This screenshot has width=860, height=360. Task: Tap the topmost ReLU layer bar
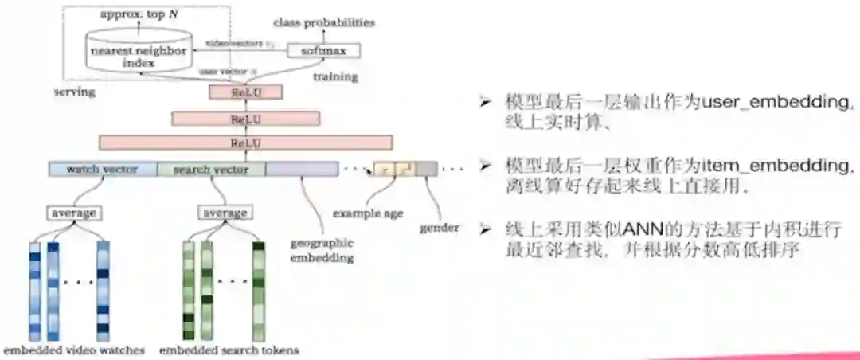point(245,92)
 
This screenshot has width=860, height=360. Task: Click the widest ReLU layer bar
point(245,143)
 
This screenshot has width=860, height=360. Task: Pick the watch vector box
point(102,170)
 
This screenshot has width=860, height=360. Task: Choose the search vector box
point(211,170)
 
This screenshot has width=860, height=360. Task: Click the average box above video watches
point(74,213)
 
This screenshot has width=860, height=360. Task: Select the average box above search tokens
point(225,213)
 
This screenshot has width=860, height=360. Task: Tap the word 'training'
point(335,76)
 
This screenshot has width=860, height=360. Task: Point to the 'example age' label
point(368,213)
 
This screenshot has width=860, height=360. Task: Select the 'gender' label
point(440,228)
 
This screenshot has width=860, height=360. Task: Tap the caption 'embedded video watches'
point(74,350)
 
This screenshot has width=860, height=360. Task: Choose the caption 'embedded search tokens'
point(229,350)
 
